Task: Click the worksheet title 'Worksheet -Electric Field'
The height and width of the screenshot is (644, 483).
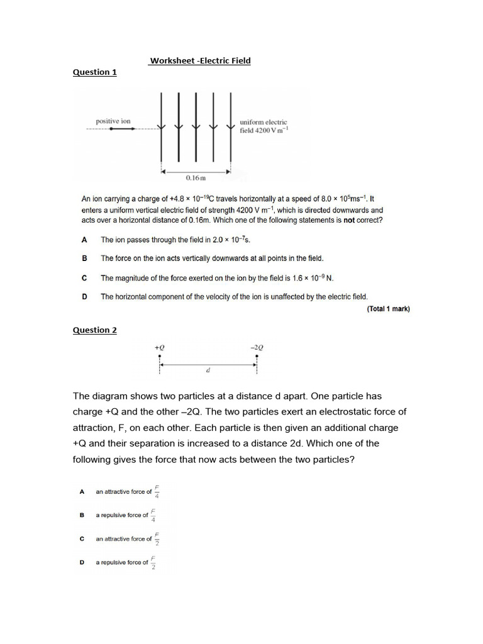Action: coord(200,61)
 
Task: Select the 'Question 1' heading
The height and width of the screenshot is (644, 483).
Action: coord(95,72)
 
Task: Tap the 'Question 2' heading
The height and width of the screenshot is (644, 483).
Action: coord(95,330)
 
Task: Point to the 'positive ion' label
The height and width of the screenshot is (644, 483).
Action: coord(113,121)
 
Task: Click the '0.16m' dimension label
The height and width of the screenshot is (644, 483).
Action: coord(196,179)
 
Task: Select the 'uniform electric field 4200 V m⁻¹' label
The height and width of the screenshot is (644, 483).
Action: coord(264,126)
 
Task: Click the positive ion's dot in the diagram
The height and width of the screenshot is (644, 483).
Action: coord(111,129)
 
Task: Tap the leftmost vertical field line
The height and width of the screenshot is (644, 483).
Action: coord(162,126)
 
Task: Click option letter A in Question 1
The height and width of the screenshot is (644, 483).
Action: coord(84,240)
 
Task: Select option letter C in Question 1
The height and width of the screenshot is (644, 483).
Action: coord(84,277)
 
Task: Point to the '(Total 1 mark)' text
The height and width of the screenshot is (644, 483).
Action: coord(388,309)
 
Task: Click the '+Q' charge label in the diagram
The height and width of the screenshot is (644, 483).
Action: coord(160,347)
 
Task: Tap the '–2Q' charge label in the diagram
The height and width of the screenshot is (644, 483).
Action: coord(257,347)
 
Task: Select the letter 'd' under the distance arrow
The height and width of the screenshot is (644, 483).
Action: coord(208,370)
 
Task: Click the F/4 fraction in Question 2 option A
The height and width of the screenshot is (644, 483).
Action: coord(157,491)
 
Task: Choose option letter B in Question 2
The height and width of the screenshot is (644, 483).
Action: coord(82,515)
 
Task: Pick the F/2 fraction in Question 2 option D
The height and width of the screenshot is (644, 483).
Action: coord(153,562)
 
